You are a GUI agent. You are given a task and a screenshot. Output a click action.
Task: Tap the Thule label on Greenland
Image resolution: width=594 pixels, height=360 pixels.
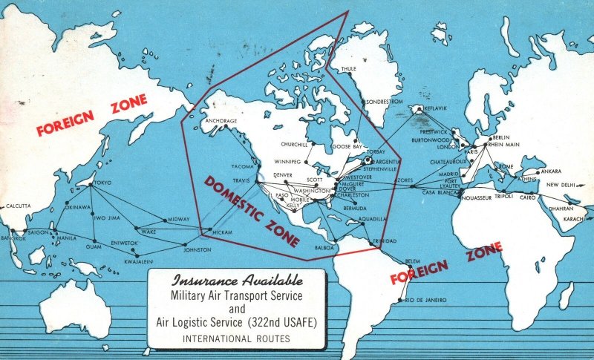[x=348, y=69]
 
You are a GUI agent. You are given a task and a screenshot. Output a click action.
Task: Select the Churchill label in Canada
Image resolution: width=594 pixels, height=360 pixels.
[x=295, y=143]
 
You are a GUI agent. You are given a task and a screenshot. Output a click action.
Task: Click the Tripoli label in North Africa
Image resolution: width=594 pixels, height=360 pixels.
[x=503, y=197]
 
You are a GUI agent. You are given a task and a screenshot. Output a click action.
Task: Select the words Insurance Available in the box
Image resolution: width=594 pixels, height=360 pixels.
[x=237, y=281]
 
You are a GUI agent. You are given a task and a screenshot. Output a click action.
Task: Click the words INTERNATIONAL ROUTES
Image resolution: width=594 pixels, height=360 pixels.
[x=237, y=339]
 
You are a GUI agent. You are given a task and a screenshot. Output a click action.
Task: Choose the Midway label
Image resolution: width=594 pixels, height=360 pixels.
[x=179, y=219]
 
